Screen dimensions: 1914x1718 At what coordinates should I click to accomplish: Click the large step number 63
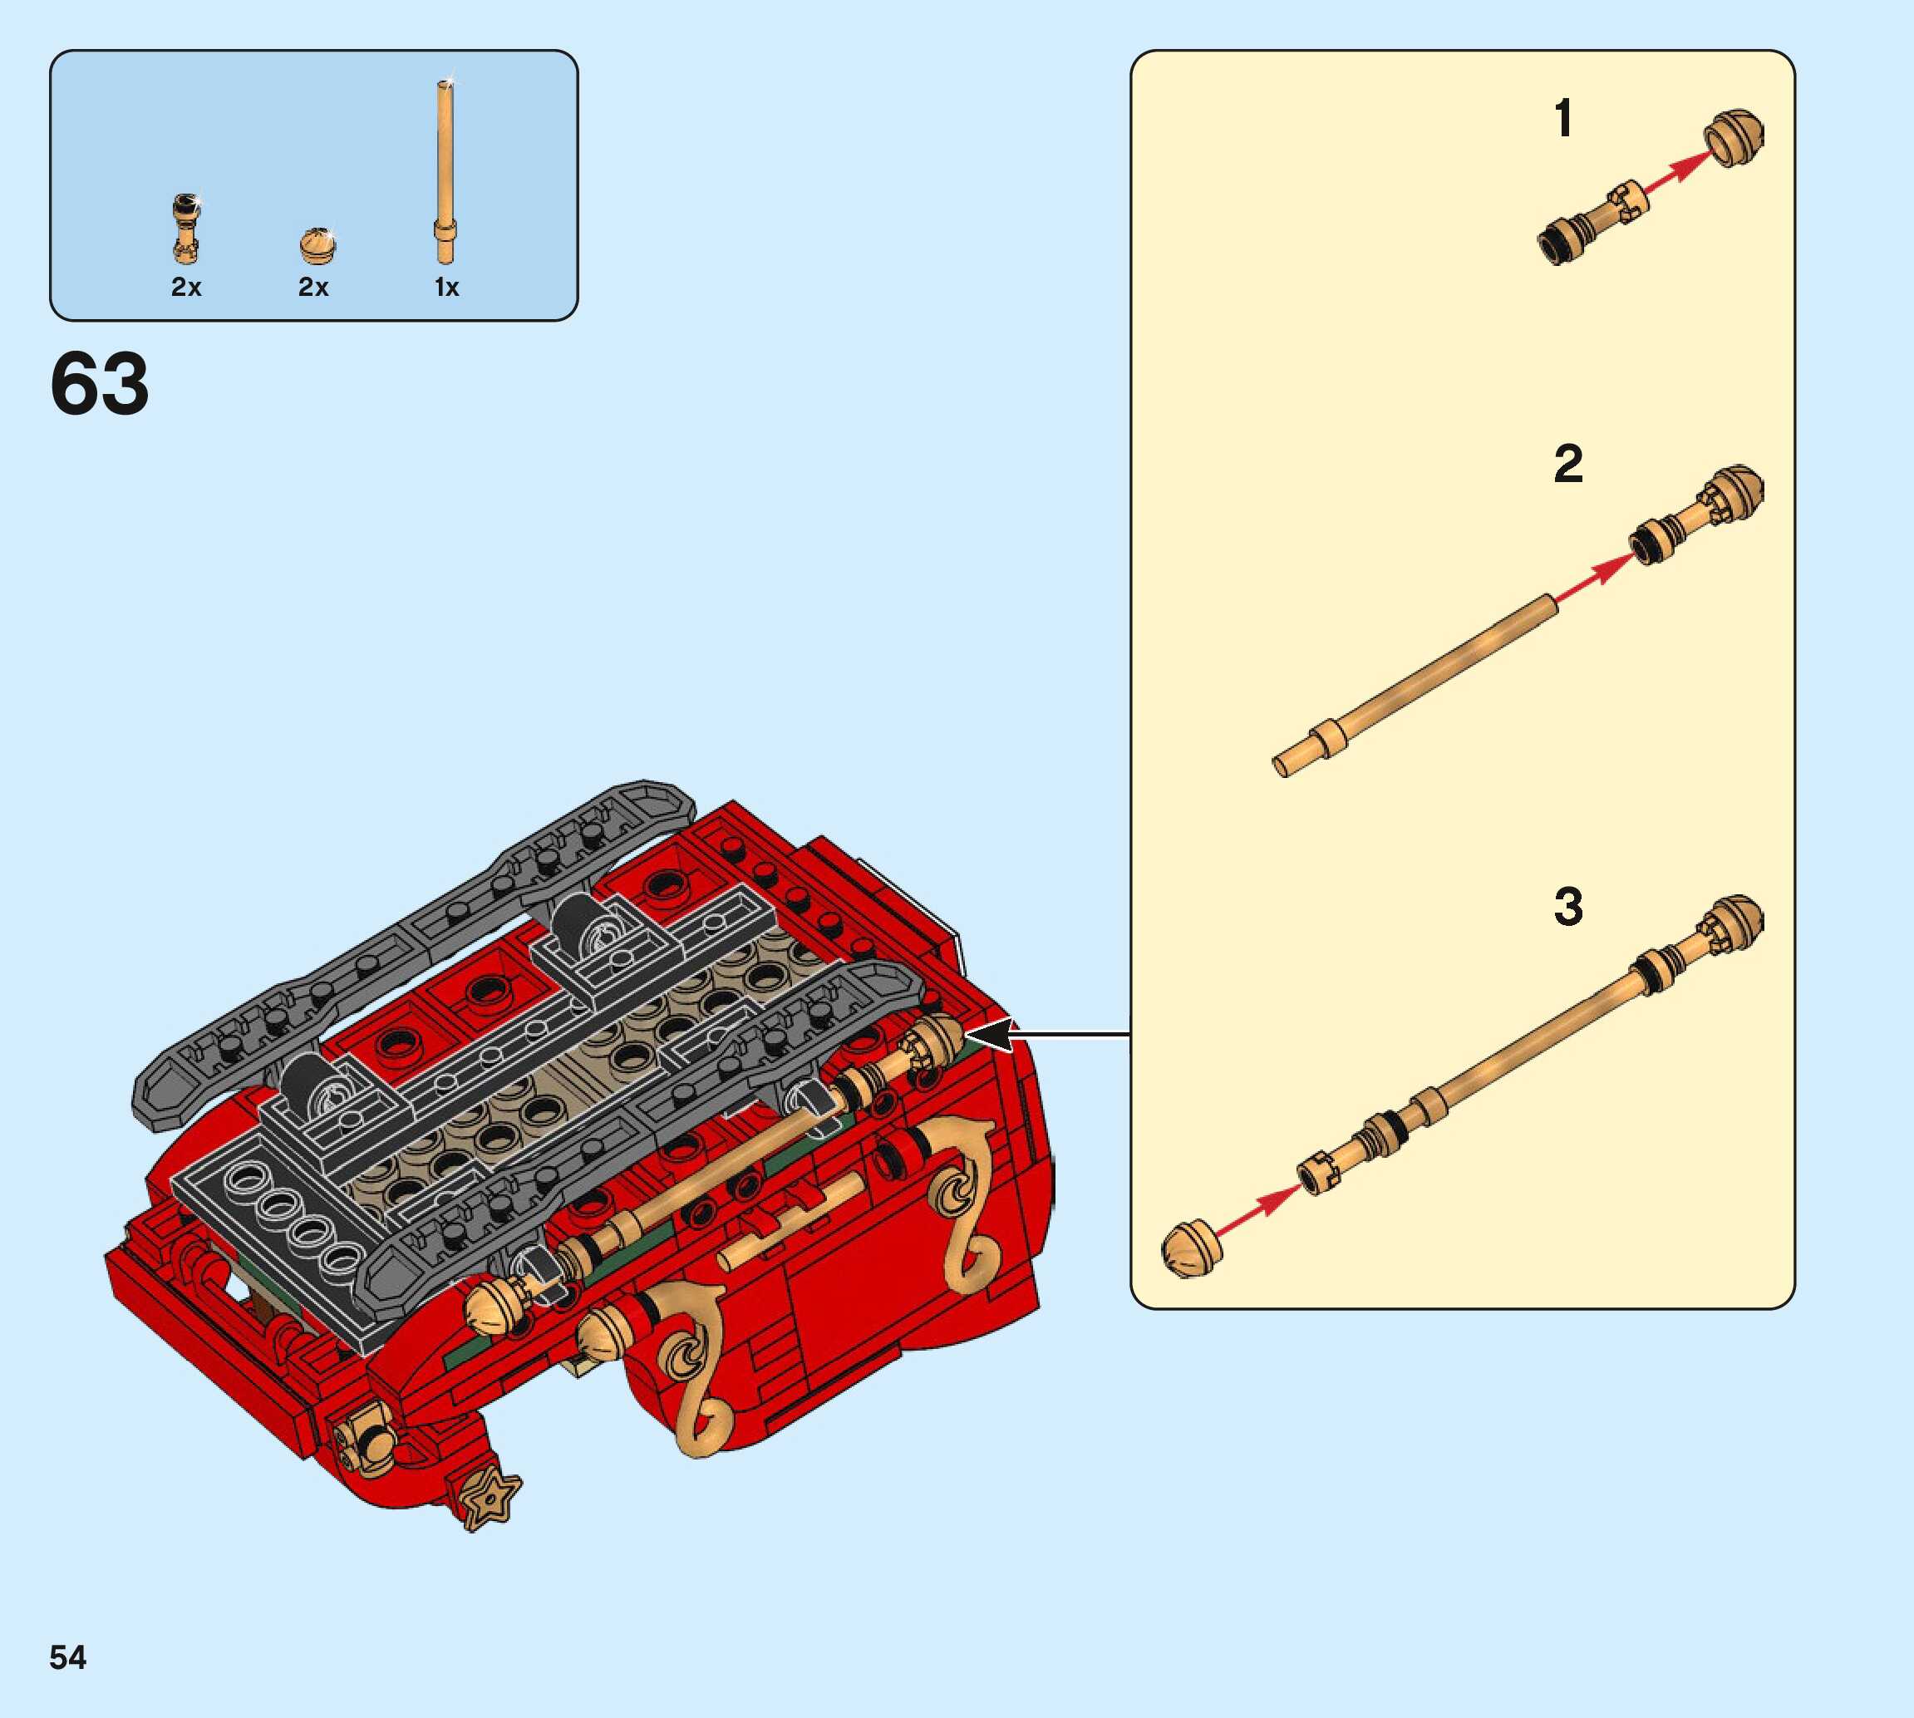(x=99, y=383)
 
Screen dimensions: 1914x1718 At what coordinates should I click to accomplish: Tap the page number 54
(x=68, y=1657)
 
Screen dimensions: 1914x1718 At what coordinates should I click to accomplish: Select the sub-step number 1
(x=1563, y=119)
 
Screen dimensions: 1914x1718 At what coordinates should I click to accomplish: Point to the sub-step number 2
(x=1567, y=465)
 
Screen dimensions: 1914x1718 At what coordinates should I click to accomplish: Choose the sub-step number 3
(x=1567, y=906)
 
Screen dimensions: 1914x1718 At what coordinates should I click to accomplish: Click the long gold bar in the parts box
(x=445, y=172)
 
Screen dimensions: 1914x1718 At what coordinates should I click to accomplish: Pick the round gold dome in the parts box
(x=318, y=245)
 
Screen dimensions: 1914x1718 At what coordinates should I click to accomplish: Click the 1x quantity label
(x=446, y=287)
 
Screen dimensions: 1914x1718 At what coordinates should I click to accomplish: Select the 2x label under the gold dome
(x=313, y=287)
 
